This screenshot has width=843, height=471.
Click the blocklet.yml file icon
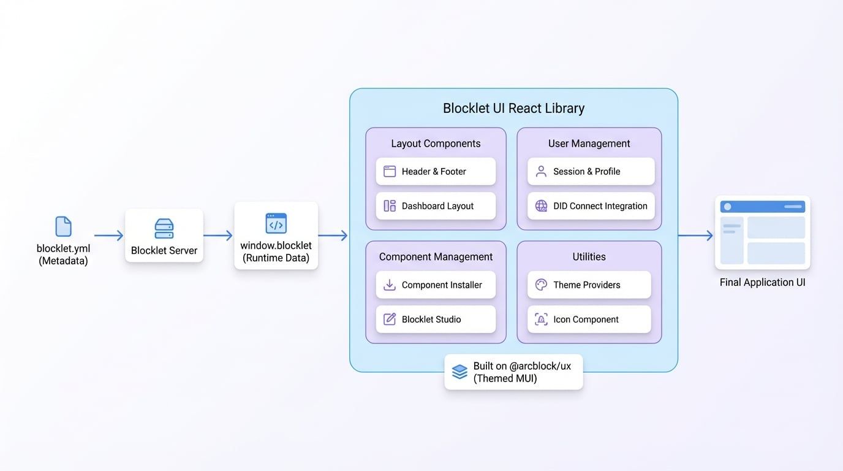point(63,226)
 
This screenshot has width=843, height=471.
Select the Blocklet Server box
point(164,235)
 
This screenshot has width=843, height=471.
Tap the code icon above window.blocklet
point(276,224)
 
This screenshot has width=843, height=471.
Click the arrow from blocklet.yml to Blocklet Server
point(108,235)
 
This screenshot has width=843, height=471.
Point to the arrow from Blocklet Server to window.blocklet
point(217,235)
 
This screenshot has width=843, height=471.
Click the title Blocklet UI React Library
point(513,109)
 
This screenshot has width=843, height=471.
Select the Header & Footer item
point(436,172)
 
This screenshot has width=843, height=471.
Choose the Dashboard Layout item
point(436,206)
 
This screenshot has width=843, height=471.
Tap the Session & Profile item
point(591,172)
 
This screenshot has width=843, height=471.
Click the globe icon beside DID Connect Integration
point(541,206)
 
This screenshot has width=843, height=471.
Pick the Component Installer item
point(436,285)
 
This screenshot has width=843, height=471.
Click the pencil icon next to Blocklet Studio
point(390,320)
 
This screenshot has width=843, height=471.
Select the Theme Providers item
point(589,285)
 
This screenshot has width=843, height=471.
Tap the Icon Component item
point(589,320)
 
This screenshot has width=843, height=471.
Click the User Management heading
point(589,144)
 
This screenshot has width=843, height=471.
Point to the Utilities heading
point(589,257)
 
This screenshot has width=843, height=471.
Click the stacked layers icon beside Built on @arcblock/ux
point(459,372)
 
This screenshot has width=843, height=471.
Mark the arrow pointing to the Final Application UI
point(695,235)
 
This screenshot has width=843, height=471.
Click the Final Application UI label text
point(762,283)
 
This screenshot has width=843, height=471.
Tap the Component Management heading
point(436,257)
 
